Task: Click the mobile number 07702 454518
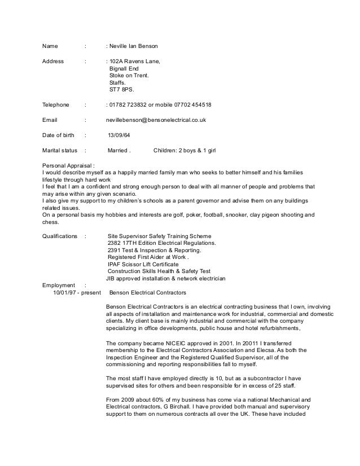pyautogui.click(x=194, y=105)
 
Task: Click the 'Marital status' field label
pyautogui.click(x=60, y=151)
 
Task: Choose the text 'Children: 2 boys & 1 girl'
pyautogui.click(x=189, y=151)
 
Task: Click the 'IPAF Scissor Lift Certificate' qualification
pyautogui.click(x=143, y=263)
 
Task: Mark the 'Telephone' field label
pyautogui.click(x=56, y=105)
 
